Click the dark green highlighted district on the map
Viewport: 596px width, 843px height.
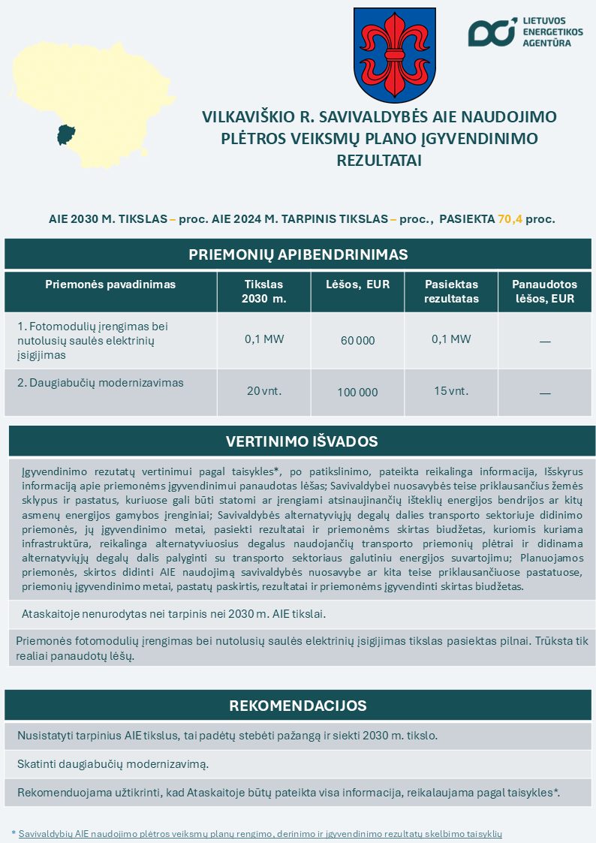tap(66, 135)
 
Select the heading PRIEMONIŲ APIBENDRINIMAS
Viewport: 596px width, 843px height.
tap(298, 254)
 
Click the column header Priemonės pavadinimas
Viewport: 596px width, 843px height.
tap(110, 285)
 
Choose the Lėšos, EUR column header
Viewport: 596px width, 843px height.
tap(357, 285)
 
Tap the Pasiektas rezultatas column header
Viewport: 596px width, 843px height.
tap(451, 291)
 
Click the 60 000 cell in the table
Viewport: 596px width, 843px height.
tap(357, 341)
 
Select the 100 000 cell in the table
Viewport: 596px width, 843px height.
tap(357, 392)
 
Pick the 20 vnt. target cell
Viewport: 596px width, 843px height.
tap(264, 391)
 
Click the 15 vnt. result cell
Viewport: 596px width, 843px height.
tap(451, 391)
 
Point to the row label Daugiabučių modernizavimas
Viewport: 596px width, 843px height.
tap(101, 383)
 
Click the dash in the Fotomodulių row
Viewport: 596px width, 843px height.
tap(545, 342)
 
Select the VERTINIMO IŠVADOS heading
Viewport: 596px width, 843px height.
tap(302, 441)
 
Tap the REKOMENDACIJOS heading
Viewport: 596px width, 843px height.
tap(298, 706)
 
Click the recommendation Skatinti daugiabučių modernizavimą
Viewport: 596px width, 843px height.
tap(113, 764)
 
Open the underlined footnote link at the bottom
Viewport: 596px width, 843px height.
tap(260, 833)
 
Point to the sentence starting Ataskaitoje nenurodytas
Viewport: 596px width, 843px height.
tap(174, 613)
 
